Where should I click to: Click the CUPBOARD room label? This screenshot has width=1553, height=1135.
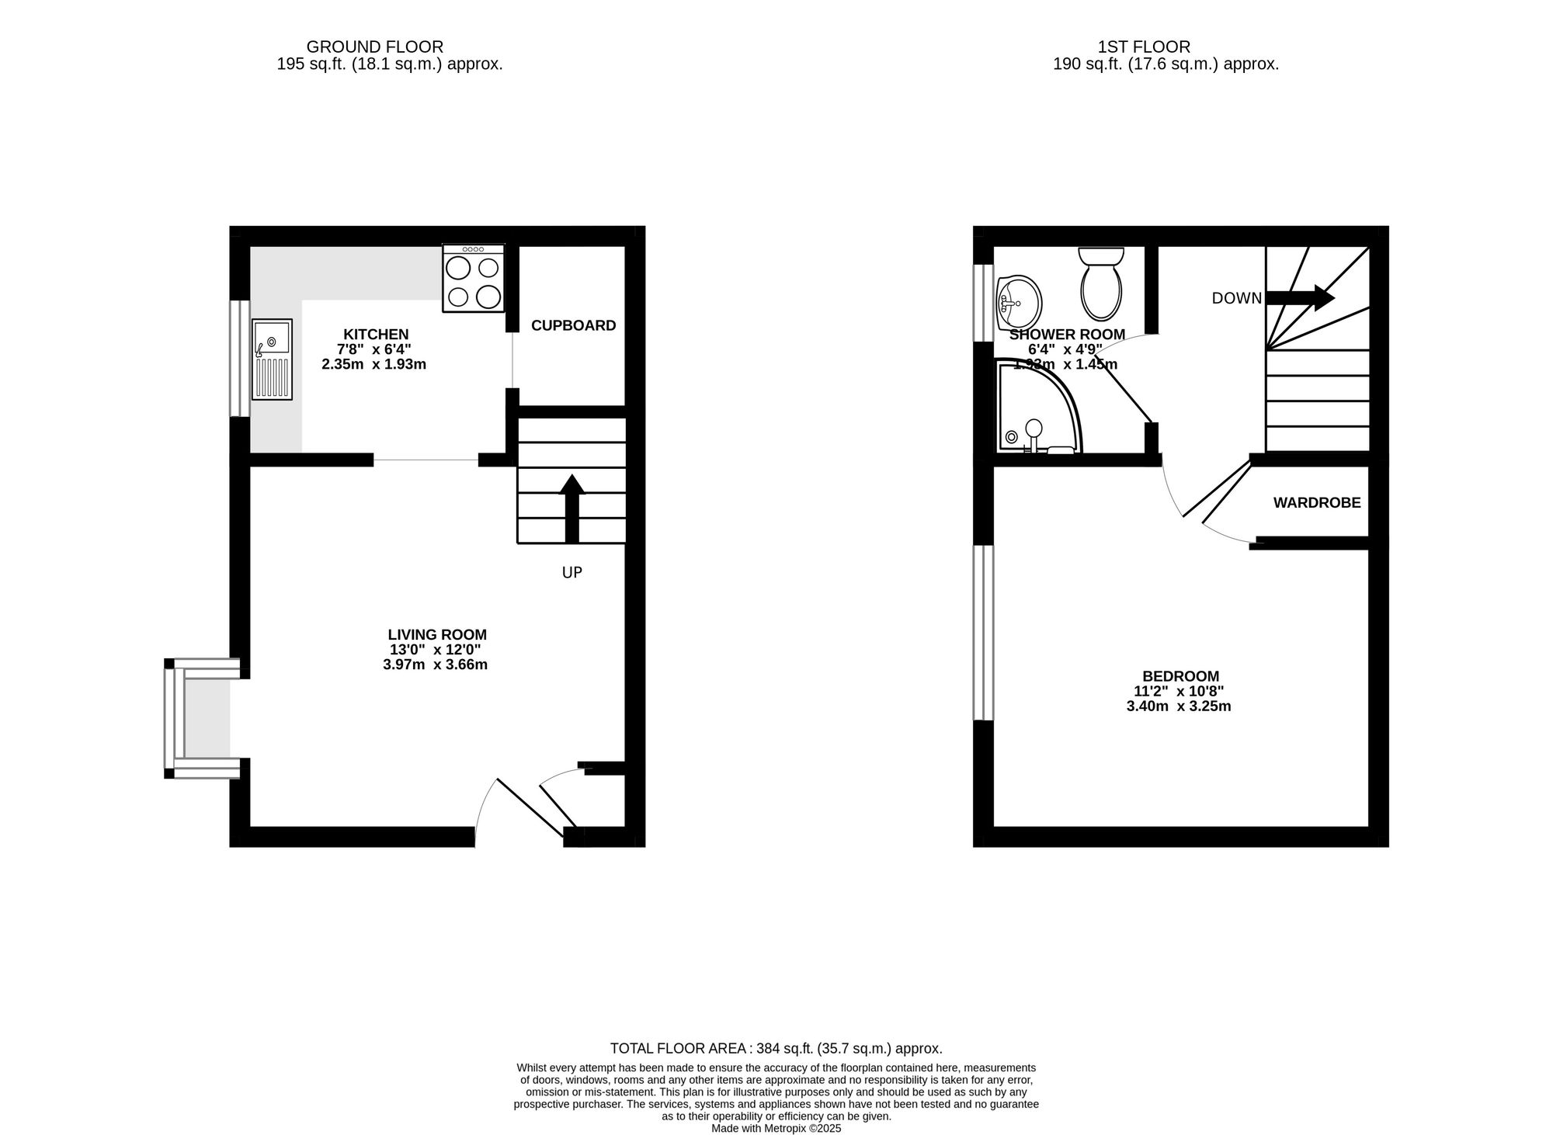tap(573, 326)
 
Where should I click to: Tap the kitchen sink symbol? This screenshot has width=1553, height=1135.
tap(272, 359)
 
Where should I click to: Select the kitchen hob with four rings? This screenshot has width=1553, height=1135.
tap(473, 279)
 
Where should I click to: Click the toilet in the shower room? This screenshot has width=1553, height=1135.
tap(1100, 285)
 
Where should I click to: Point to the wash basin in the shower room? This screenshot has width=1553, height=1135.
tap(1019, 302)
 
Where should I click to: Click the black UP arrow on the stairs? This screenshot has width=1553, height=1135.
tap(572, 508)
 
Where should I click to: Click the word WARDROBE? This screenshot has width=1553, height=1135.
tap(1317, 503)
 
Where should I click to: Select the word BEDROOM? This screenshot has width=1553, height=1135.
tap(1180, 676)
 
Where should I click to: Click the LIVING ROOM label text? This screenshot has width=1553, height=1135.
tap(437, 635)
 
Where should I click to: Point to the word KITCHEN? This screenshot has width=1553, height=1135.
tap(376, 335)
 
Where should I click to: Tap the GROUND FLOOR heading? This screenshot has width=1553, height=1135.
tap(375, 47)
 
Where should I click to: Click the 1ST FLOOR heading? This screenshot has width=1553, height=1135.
tap(1144, 47)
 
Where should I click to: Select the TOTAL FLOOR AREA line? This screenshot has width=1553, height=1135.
tap(776, 1048)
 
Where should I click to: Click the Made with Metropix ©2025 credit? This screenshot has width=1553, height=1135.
tap(776, 1128)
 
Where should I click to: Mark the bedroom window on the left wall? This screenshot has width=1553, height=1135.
tap(983, 632)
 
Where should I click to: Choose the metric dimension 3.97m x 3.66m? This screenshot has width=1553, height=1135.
tap(435, 665)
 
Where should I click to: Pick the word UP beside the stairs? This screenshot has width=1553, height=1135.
tap(572, 573)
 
